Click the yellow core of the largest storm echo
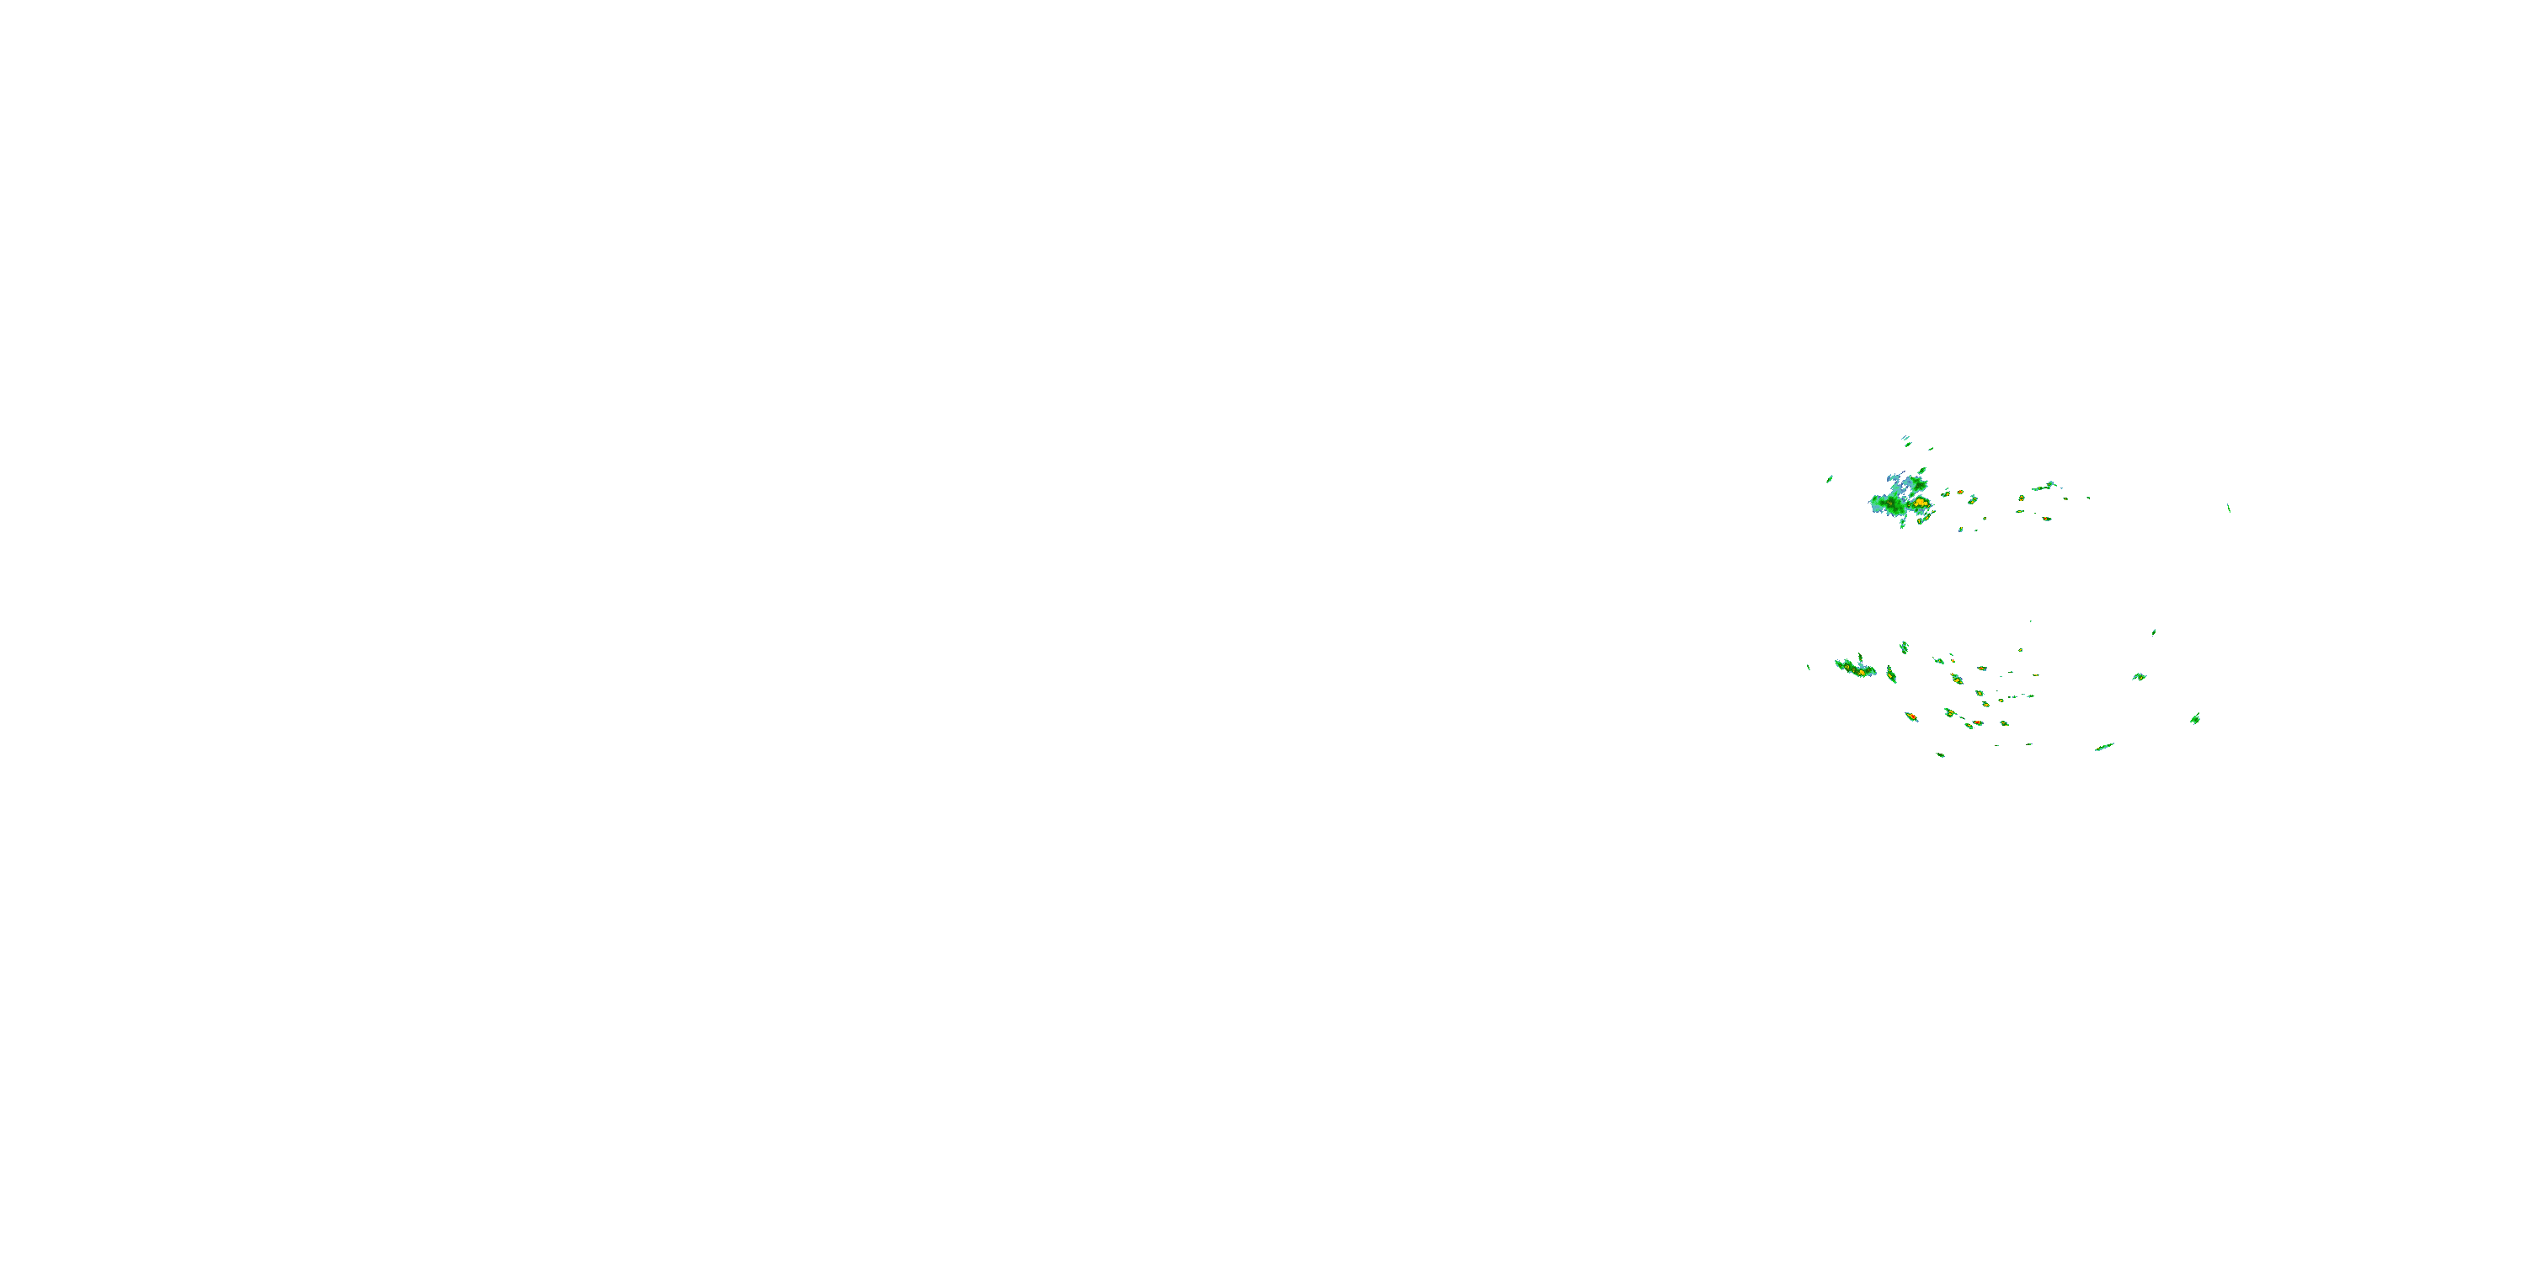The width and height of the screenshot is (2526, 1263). coord(1918,503)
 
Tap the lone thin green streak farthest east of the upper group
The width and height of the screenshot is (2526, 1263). coord(2229,508)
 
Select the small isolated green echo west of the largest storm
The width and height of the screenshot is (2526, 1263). coord(1830,478)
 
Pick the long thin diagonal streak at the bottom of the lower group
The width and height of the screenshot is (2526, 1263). coord(2104,747)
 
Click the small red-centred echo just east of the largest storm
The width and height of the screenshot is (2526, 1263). coord(1959,493)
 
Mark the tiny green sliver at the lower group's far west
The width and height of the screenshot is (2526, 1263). coord(1809,667)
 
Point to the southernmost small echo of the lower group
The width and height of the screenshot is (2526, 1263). coord(1941,755)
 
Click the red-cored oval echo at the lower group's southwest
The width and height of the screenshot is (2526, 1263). coord(1911,717)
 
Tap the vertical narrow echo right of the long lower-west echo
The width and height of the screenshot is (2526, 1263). coord(1890,674)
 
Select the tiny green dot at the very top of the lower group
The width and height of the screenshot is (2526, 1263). coord(2030,621)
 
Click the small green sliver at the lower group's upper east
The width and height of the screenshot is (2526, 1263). coord(2153,632)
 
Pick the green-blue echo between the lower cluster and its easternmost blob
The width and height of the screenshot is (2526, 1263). coord(2139,677)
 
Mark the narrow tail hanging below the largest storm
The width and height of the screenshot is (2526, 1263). coord(1903,523)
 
